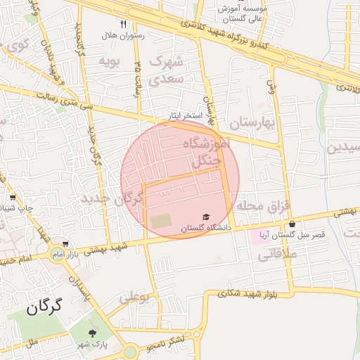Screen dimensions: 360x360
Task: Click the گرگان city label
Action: pos(44,307)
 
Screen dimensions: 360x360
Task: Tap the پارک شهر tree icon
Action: pos(92,333)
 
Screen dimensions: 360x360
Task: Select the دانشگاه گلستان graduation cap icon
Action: pos(206,217)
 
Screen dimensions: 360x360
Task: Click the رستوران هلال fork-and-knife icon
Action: pos(124,24)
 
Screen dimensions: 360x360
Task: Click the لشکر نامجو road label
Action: pos(161,345)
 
